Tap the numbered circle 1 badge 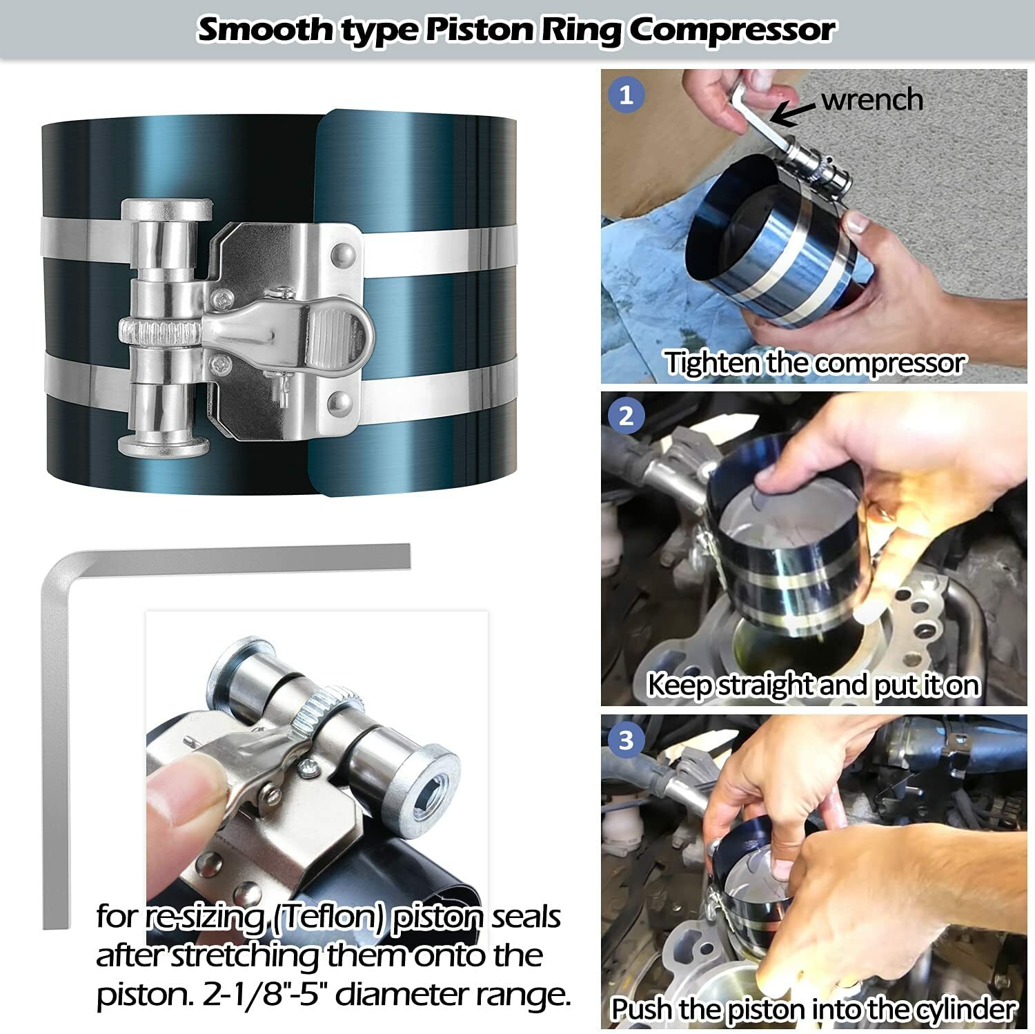pos(626,95)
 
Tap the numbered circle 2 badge pos(626,416)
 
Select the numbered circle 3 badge pos(626,740)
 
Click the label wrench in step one pos(872,100)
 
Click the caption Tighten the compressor pos(814,363)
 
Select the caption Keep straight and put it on pos(813,685)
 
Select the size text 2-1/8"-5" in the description pos(266,995)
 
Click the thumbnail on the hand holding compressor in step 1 pos(857,222)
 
